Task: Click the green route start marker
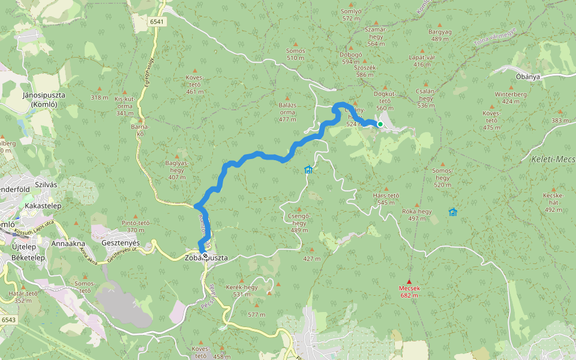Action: [380, 124]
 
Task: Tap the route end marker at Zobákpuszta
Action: [205, 256]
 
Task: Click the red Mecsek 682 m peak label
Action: [409, 292]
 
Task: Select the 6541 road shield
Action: [158, 22]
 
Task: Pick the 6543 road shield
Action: [8, 320]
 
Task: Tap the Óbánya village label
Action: [528, 77]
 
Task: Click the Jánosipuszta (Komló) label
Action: [43, 100]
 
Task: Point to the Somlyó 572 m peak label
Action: [351, 14]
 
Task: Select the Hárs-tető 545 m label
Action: [386, 199]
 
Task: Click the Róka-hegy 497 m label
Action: [416, 215]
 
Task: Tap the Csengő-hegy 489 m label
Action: [299, 223]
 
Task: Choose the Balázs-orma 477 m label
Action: [287, 112]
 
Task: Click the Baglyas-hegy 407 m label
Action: [177, 170]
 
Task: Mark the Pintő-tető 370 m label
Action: [136, 226]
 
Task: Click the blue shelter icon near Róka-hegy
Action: [452, 212]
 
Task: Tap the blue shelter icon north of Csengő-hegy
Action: [308, 170]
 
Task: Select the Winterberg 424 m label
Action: [510, 98]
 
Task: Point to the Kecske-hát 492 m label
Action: [553, 202]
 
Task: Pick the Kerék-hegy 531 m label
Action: [241, 291]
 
